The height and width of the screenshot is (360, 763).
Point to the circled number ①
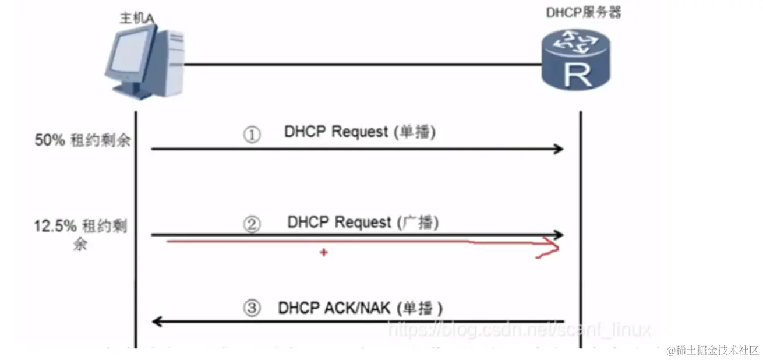252,136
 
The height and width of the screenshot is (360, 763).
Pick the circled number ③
252,309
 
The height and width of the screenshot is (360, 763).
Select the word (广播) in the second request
418,223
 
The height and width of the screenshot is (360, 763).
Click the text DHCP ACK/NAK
334,307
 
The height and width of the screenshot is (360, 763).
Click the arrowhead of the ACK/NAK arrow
157,320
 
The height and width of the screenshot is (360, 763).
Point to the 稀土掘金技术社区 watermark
715,351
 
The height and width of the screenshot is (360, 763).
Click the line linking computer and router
361,65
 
